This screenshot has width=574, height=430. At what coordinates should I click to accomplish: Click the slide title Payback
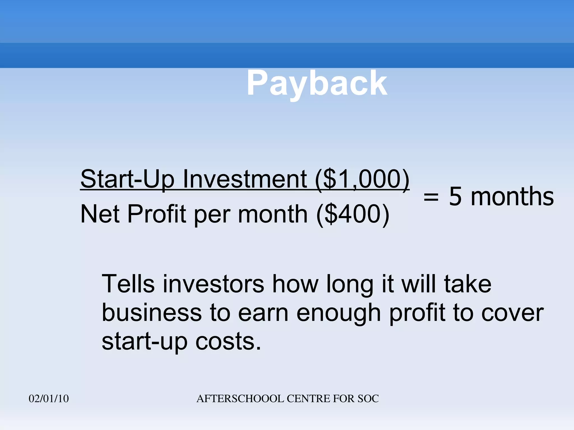coord(317,83)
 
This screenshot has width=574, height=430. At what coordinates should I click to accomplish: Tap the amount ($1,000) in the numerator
coord(362,179)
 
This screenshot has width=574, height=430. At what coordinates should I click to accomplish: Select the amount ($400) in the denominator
coord(353,214)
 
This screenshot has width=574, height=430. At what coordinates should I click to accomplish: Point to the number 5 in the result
coord(455,197)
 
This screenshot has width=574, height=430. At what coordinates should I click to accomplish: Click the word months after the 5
coord(512,197)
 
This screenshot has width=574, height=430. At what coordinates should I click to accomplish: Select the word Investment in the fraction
coord(245,179)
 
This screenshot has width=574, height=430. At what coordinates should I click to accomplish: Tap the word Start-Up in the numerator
coord(128,179)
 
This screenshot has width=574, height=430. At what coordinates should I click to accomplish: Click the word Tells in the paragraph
coord(128,284)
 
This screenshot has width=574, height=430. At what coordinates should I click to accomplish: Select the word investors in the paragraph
coord(213,284)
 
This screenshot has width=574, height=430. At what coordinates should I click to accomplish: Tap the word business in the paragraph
coord(152,313)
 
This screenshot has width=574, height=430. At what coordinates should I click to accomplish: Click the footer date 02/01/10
coord(49,399)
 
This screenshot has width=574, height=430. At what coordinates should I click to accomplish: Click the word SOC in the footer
coord(368,399)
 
